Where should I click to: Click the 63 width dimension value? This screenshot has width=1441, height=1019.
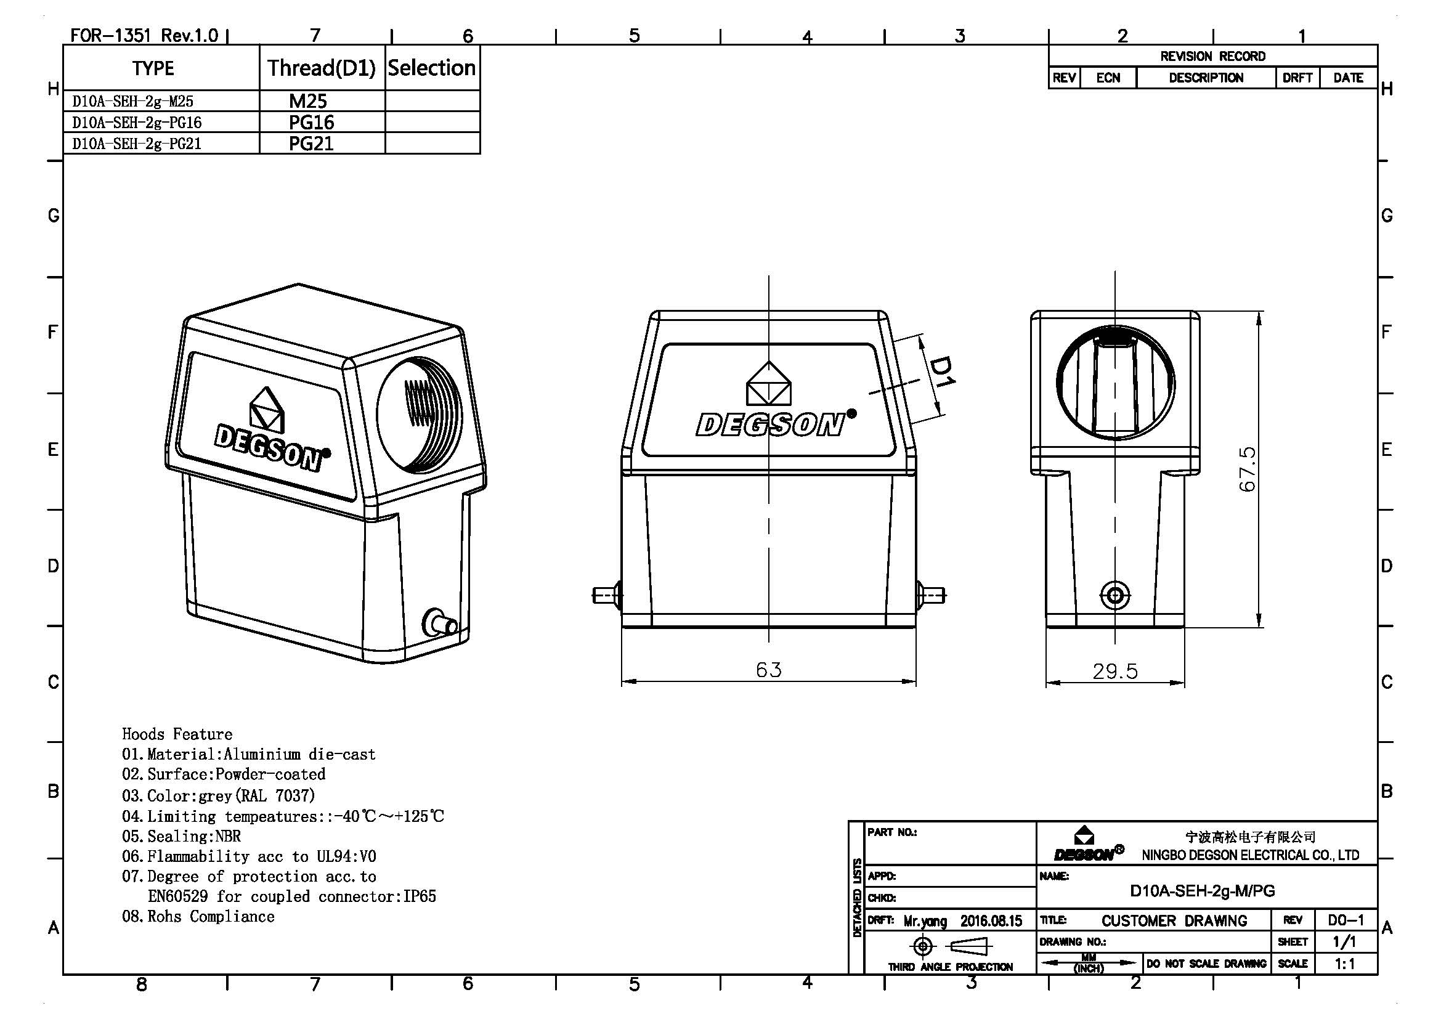pos(768,670)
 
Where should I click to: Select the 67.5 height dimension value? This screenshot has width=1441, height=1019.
pos(1248,469)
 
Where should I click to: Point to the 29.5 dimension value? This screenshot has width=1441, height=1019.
pos(1114,672)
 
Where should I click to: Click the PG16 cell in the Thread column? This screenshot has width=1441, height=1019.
pos(311,122)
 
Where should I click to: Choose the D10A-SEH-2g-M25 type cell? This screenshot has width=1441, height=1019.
pos(133,101)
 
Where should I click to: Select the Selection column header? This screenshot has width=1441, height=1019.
pos(432,68)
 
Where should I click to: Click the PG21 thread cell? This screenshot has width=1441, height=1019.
pos(311,144)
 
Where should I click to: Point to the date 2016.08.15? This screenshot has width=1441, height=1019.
pos(991,921)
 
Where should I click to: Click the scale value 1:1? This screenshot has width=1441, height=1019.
pos(1344,964)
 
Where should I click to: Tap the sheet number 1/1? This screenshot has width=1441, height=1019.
pos(1344,942)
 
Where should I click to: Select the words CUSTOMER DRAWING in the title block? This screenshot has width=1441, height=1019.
pos(1174,920)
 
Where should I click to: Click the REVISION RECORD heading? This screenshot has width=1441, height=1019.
pos(1212,57)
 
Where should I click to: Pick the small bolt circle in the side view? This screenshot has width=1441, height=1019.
pos(1115,594)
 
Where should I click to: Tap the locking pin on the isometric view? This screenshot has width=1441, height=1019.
pos(441,623)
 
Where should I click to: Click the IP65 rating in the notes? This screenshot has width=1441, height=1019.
pos(420,896)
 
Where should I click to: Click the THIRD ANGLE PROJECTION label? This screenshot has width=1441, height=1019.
pos(949,967)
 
